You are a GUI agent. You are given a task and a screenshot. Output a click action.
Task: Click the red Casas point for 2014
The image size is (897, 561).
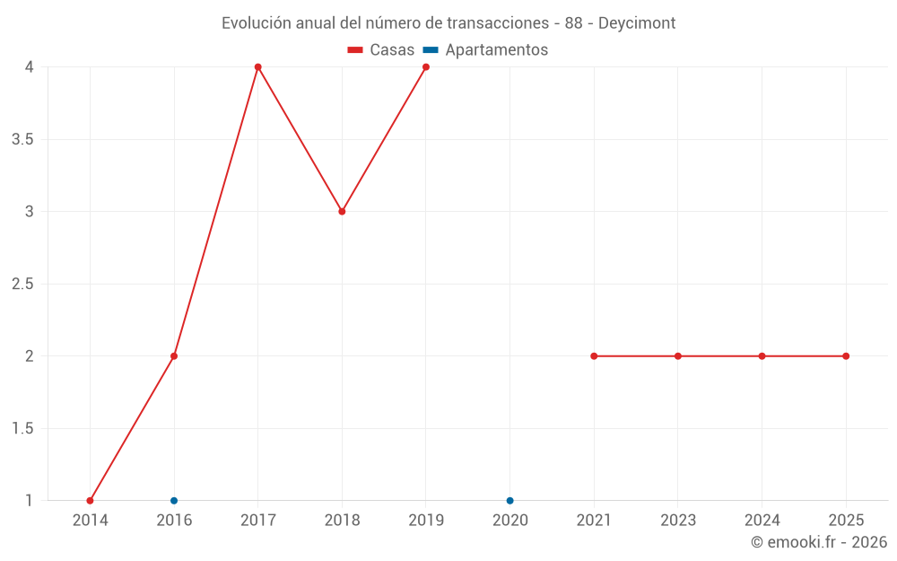click(90, 501)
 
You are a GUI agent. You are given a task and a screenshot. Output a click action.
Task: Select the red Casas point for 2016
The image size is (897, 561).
click(174, 356)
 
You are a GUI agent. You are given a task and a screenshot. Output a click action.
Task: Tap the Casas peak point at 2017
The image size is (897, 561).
click(257, 67)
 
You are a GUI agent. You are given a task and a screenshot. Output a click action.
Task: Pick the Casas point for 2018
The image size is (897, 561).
click(342, 212)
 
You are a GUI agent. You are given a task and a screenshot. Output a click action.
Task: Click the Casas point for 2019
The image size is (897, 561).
click(426, 67)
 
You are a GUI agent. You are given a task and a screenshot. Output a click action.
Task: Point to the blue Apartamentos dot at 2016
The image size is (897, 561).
click(174, 501)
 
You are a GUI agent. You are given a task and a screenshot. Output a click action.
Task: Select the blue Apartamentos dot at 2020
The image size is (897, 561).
click(509, 501)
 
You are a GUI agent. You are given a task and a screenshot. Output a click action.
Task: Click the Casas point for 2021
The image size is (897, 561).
click(594, 356)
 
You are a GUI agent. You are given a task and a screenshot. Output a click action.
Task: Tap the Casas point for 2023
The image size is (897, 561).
click(678, 356)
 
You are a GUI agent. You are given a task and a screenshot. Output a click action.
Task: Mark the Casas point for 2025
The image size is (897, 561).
click(846, 356)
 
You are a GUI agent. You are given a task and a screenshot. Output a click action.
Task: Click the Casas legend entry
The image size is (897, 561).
click(381, 50)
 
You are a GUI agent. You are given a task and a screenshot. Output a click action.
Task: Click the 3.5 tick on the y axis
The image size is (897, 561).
click(23, 139)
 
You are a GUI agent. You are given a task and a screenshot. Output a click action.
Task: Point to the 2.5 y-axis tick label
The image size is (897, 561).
click(23, 284)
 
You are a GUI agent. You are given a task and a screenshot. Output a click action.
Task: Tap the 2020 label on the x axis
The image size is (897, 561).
click(509, 520)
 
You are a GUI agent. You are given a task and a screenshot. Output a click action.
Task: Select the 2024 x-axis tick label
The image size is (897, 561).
click(762, 520)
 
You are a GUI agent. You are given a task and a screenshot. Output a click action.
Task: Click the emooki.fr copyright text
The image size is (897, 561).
click(818, 542)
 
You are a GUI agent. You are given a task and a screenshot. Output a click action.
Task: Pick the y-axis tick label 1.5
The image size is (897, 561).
click(23, 428)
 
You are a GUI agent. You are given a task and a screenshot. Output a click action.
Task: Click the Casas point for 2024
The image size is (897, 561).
click(762, 356)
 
